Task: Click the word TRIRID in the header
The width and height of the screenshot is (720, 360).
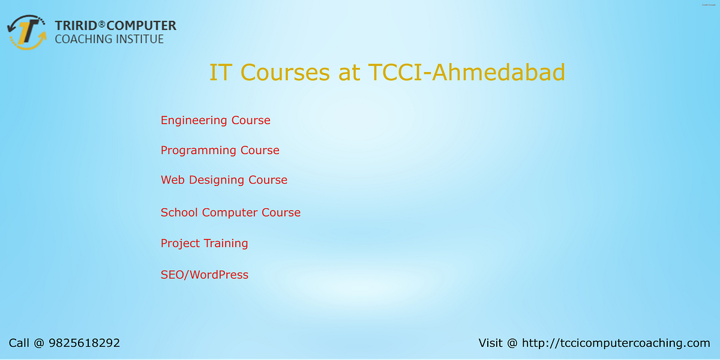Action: (76, 26)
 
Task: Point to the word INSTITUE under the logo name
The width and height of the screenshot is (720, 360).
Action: (140, 40)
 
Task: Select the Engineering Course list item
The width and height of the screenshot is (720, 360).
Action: (215, 121)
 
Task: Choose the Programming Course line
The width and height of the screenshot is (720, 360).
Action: (220, 151)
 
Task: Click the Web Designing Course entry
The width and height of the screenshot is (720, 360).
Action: (224, 180)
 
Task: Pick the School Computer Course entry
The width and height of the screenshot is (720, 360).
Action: (230, 212)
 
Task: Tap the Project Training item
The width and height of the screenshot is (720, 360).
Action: (204, 244)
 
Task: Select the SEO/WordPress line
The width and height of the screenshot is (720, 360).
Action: (204, 275)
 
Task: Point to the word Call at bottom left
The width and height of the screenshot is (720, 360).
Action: (19, 343)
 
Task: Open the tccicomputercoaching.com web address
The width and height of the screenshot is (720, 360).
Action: (616, 343)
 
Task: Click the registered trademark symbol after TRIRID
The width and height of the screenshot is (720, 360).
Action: (102, 23)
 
